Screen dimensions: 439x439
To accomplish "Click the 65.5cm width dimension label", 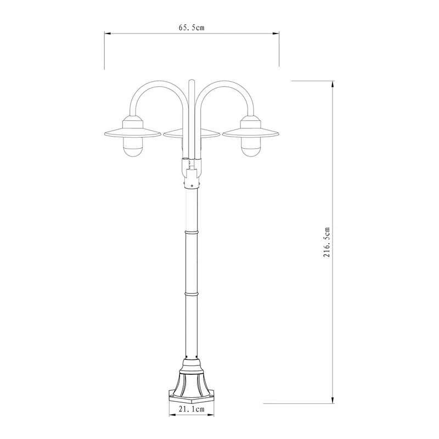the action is click(x=192, y=27).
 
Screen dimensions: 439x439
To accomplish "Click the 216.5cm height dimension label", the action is click(x=327, y=243).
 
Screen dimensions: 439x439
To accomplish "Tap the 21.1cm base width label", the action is click(x=192, y=409).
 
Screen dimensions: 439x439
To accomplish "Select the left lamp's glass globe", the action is click(x=133, y=147).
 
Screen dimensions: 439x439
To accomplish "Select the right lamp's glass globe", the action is click(x=251, y=147).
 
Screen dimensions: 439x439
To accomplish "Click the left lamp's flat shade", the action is click(x=133, y=133).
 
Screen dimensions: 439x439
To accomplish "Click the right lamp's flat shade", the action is click(x=251, y=133).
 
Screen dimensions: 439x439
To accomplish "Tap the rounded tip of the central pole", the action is click(x=192, y=81).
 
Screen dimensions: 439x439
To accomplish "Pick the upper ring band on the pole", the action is click(x=192, y=232).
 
